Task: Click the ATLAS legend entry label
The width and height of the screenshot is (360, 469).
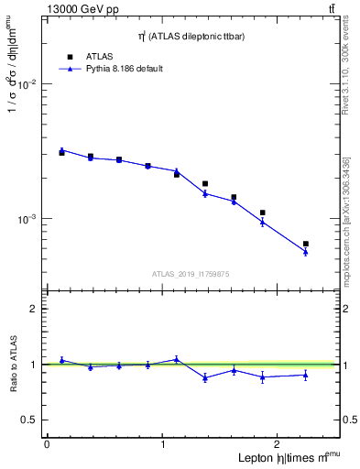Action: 100,56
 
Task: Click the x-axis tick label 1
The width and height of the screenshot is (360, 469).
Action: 163,444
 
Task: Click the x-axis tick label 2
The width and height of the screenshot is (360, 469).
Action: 279,444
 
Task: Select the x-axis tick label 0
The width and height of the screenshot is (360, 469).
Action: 47,444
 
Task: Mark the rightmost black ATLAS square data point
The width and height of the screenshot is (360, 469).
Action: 305,244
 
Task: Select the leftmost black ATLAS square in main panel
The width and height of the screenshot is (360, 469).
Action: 61,153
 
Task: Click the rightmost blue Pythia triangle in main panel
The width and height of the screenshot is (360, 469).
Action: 305,251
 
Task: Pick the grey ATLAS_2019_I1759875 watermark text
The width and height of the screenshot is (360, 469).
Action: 190,273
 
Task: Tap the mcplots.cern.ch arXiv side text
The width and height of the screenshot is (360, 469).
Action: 345,220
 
